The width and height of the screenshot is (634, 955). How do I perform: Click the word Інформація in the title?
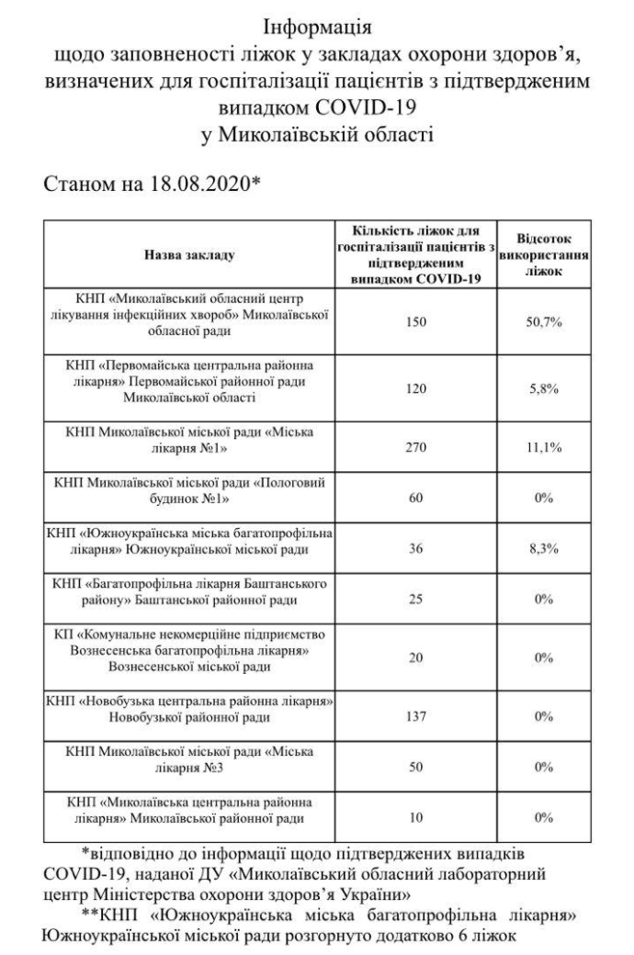click(x=318, y=21)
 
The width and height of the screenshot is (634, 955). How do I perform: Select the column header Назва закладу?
click(x=189, y=256)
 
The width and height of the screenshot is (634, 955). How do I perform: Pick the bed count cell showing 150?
click(x=417, y=321)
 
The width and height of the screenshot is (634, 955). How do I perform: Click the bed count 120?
click(x=417, y=388)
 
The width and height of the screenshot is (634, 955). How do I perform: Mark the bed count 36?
click(x=417, y=549)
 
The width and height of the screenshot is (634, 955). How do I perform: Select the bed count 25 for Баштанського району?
click(x=417, y=599)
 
